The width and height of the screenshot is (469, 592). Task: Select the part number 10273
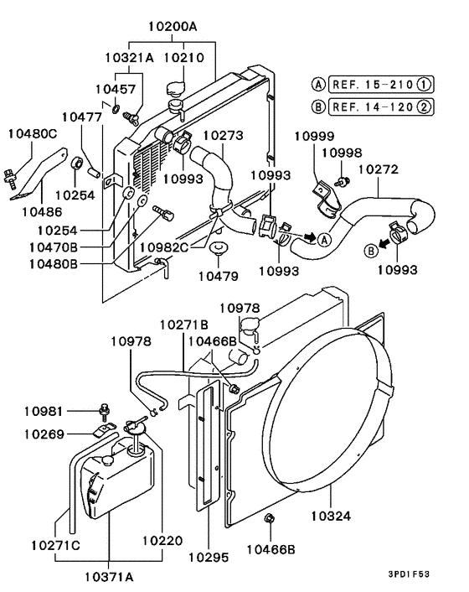tap(224, 134)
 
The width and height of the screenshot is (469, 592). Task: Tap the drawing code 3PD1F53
tap(430, 574)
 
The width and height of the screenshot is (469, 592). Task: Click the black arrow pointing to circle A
tap(311, 237)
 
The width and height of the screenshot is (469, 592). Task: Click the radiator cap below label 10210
tap(177, 90)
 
